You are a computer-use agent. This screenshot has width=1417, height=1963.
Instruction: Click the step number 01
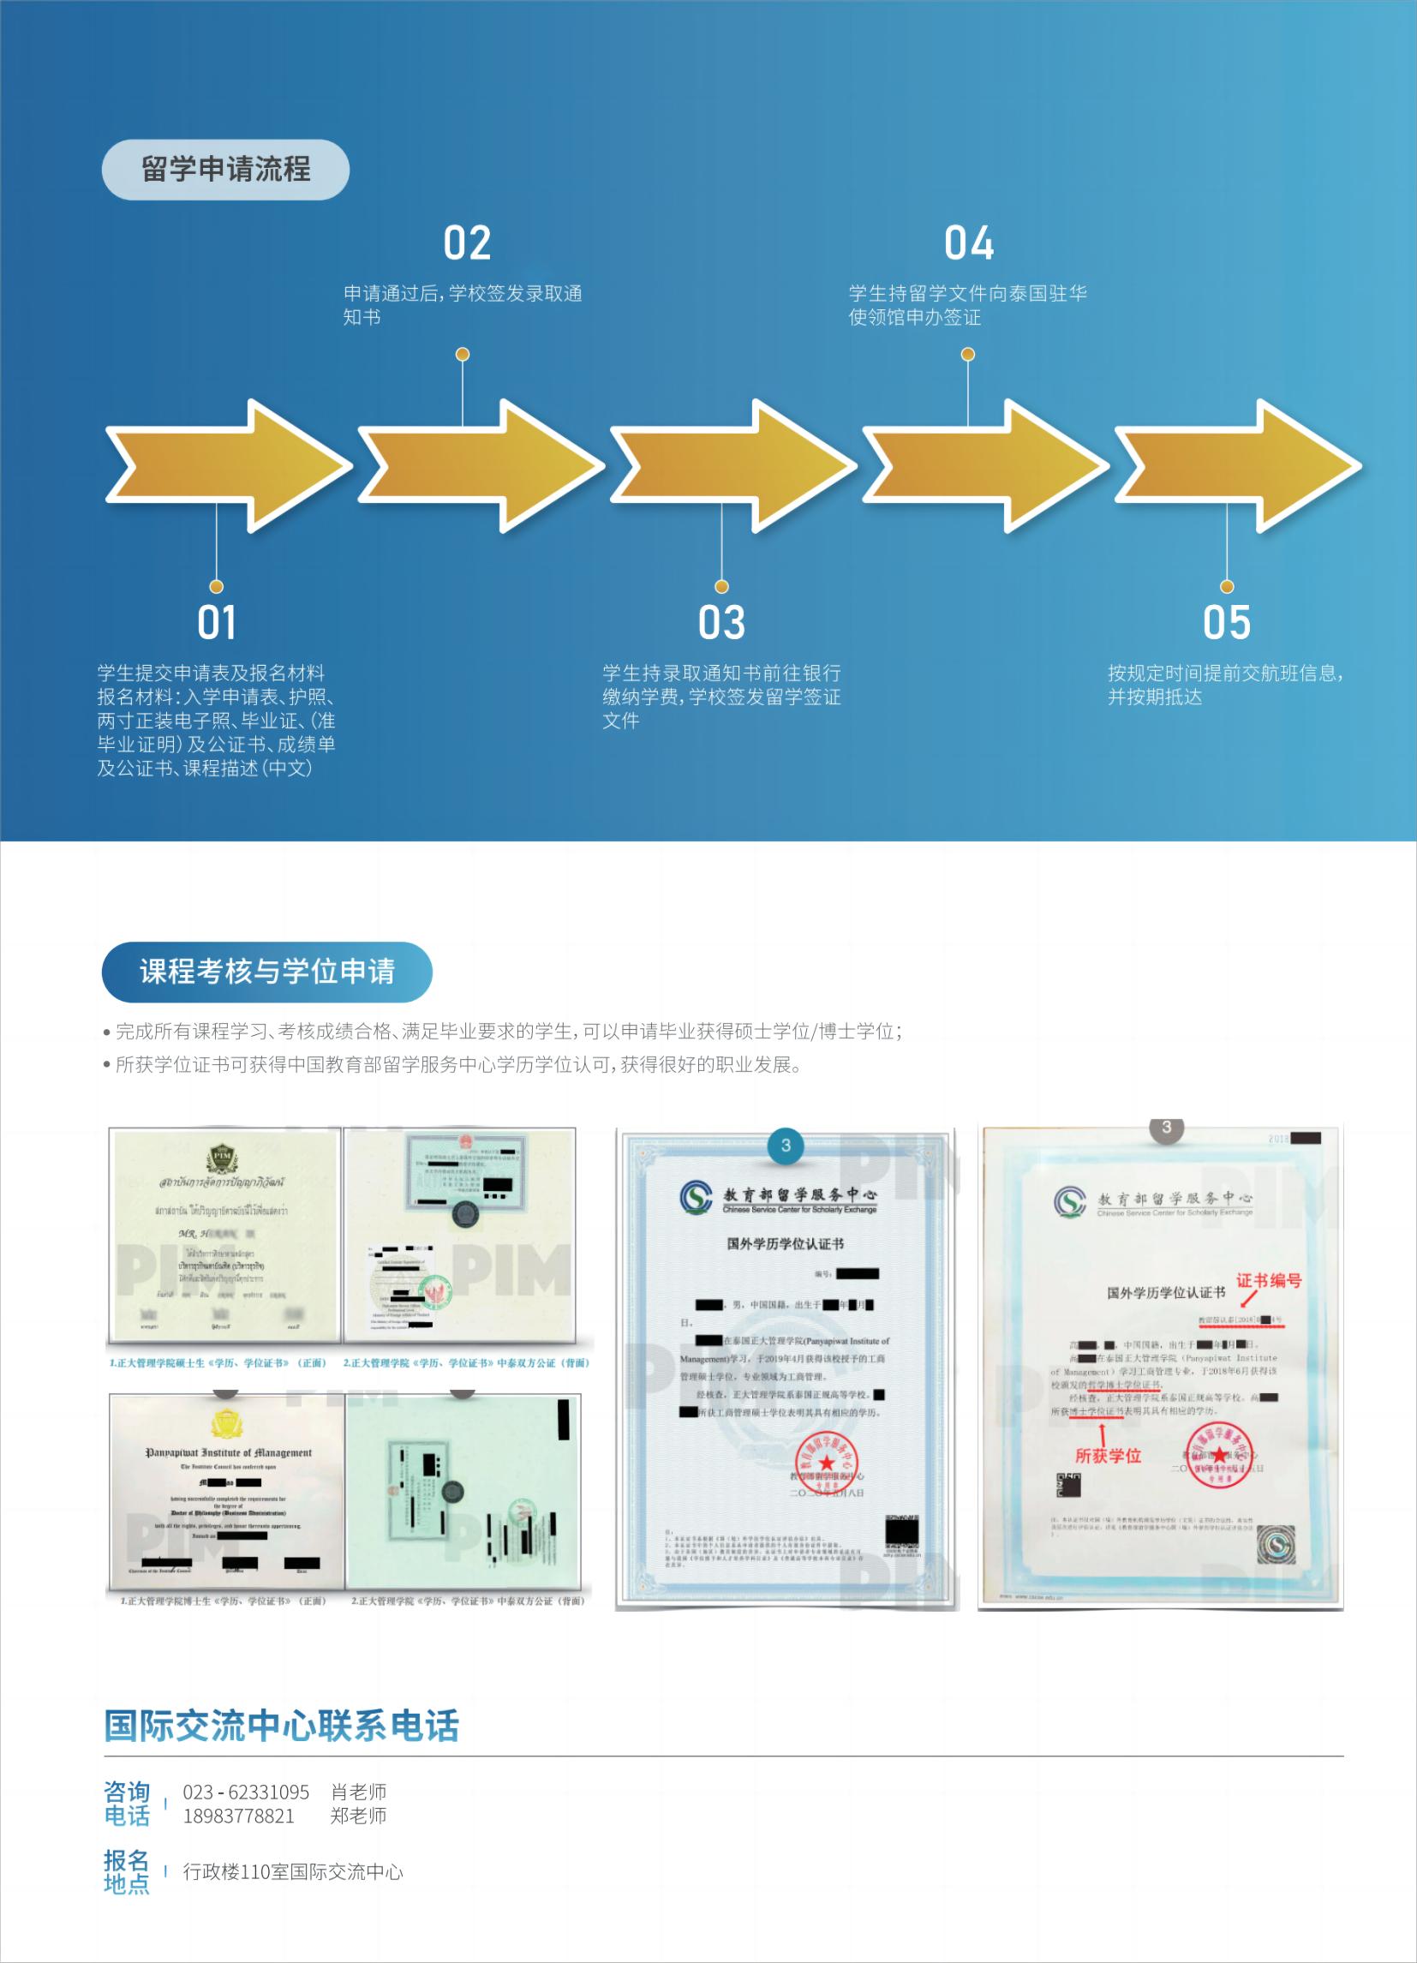(x=217, y=622)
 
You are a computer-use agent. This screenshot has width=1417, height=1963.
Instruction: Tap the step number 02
(x=467, y=243)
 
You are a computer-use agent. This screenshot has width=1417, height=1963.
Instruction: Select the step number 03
(x=721, y=622)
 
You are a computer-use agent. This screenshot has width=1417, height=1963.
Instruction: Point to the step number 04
(x=969, y=243)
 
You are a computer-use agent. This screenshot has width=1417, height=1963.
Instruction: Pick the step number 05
(x=1227, y=622)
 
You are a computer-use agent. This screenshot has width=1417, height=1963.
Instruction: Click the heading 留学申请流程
(x=225, y=170)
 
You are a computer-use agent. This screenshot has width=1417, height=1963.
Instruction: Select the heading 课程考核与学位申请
(x=266, y=972)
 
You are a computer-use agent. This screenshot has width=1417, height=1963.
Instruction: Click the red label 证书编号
(x=1268, y=1280)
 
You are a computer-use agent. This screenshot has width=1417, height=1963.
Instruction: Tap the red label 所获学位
(x=1108, y=1456)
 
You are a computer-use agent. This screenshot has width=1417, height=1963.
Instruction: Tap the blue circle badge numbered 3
(x=785, y=1145)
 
